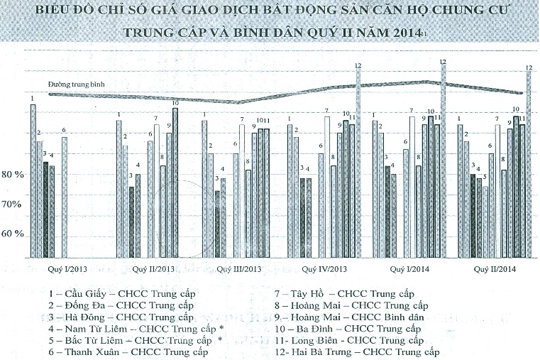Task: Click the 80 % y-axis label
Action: click(14, 175)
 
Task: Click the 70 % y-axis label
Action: click(14, 204)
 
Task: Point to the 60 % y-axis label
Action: click(14, 234)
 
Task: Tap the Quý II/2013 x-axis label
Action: click(153, 269)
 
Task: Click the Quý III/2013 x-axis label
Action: click(239, 269)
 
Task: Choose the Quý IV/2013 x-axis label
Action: click(324, 269)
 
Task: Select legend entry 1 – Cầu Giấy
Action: click(121, 293)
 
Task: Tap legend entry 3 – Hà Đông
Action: click(121, 317)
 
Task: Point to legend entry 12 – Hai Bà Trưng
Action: click(357, 351)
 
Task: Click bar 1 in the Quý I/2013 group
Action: click(33, 180)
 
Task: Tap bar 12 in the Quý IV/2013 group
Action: click(358, 161)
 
